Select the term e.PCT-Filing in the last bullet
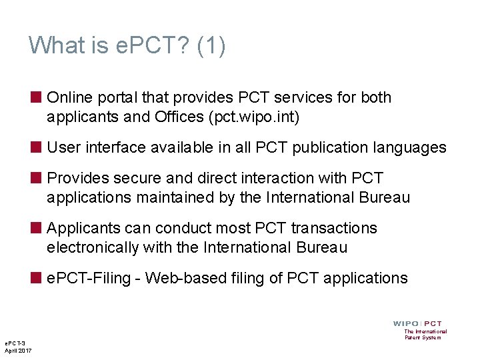pos(89,278)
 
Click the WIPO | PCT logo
pos(418,323)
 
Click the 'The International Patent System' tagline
pos(425,334)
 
